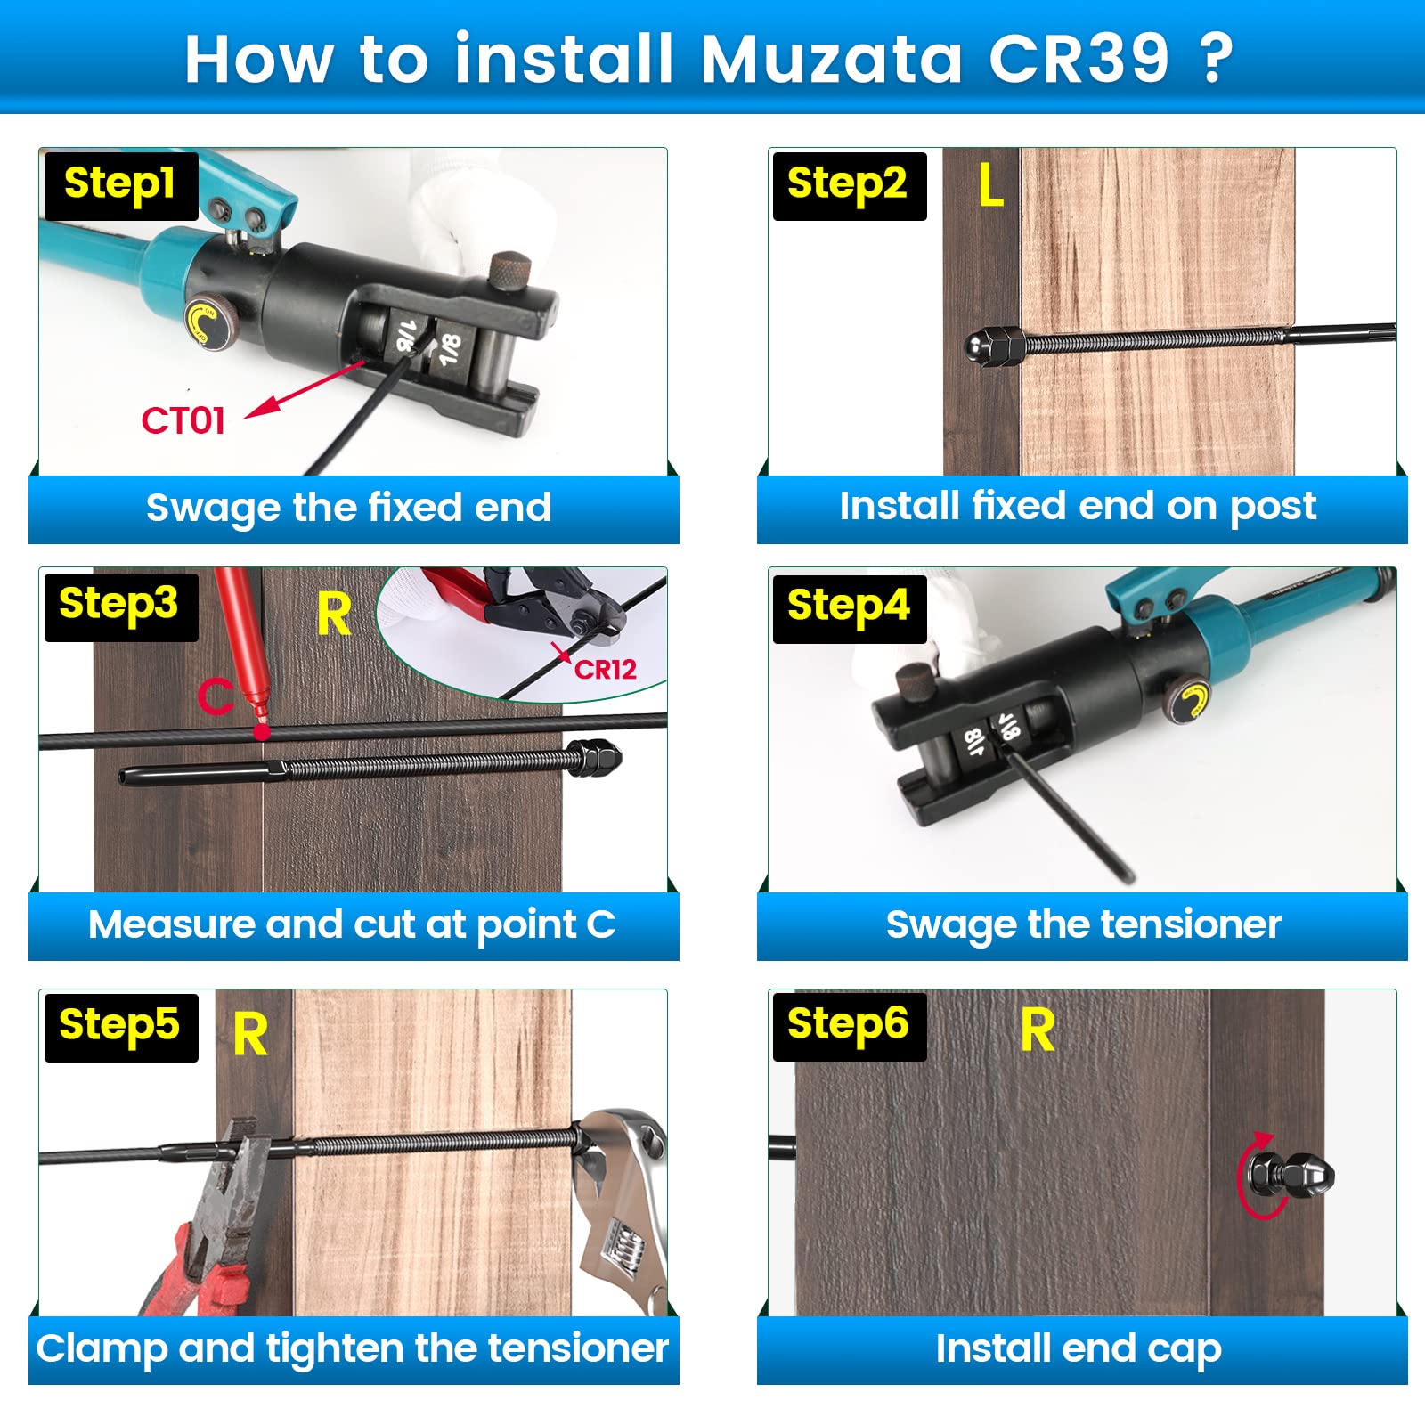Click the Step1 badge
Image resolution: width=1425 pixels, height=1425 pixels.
(120, 185)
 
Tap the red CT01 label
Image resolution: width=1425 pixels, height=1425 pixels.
(183, 420)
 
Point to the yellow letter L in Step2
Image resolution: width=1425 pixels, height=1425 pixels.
(990, 186)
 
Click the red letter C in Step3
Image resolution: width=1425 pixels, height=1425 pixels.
(215, 696)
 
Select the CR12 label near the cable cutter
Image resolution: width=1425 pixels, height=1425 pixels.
(605, 670)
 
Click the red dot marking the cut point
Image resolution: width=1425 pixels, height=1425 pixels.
(261, 731)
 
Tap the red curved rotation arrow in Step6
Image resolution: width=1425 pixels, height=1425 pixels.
(1256, 1176)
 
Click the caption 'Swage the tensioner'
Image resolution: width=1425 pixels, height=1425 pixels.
(1082, 924)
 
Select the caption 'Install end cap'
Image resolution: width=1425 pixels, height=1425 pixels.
(1078, 1348)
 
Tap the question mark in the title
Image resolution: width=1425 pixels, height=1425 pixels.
(1216, 59)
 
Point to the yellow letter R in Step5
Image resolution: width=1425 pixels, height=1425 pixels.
(250, 1034)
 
